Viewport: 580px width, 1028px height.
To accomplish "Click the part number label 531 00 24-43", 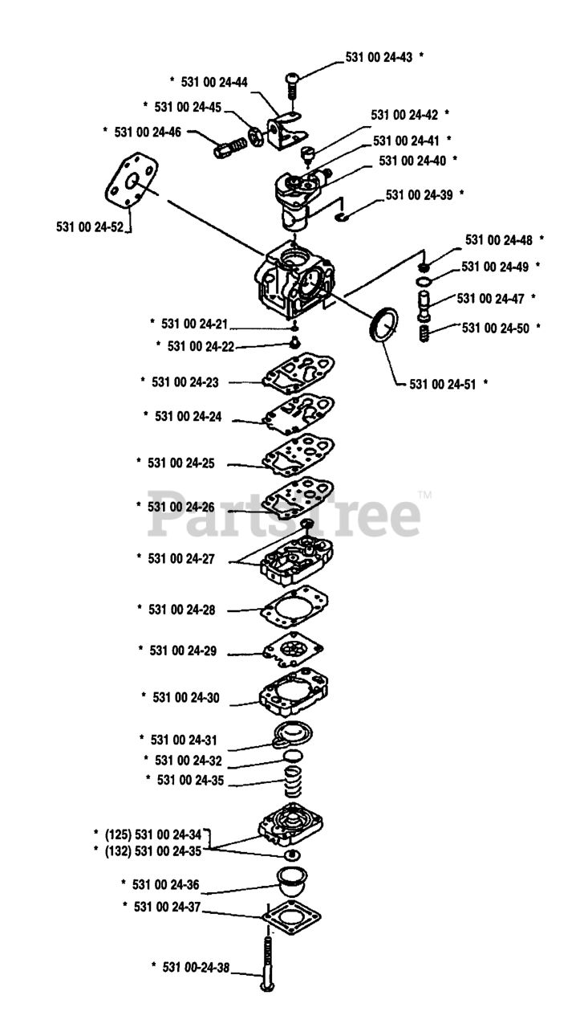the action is (x=379, y=57).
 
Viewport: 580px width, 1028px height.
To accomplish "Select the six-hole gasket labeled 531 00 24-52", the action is (x=131, y=182).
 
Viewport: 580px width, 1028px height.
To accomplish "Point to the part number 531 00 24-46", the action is (x=148, y=133).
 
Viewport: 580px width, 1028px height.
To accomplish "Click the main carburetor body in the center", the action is (x=294, y=280).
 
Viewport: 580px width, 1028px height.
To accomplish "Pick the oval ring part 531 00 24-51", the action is (x=383, y=325).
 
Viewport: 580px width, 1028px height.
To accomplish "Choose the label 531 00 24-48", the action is (x=499, y=240).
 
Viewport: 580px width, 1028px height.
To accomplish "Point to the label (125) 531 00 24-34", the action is (x=153, y=834).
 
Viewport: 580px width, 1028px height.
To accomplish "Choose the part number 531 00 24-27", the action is (x=181, y=559).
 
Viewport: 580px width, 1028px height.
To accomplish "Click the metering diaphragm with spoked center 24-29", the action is (x=294, y=650).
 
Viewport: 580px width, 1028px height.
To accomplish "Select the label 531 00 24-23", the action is (x=185, y=382).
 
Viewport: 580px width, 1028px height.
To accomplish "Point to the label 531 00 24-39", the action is (x=419, y=195).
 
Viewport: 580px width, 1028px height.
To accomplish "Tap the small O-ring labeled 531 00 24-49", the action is (x=424, y=281).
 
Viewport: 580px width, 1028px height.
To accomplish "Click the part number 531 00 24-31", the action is (x=184, y=740).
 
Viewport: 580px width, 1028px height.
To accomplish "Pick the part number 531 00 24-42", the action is (x=404, y=115).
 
